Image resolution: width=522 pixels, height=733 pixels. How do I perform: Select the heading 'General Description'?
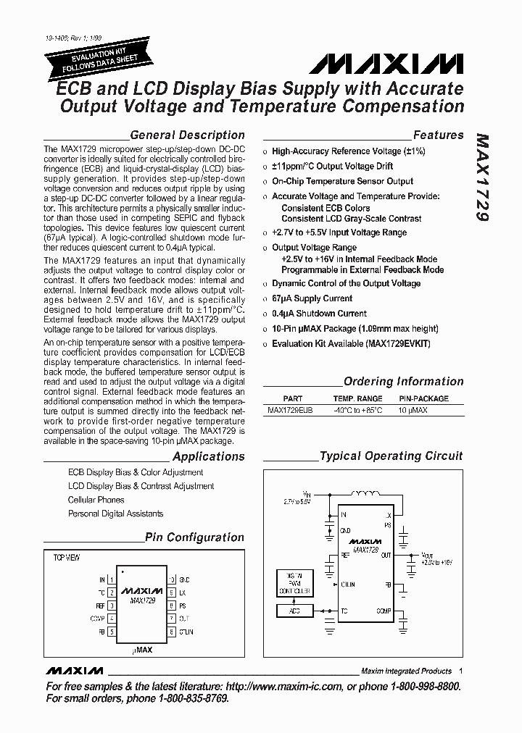pyautogui.click(x=187, y=135)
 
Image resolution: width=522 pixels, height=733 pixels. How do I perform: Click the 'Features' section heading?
pyautogui.click(x=438, y=135)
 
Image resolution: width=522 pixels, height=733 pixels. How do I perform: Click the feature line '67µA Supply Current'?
pyautogui.click(x=312, y=298)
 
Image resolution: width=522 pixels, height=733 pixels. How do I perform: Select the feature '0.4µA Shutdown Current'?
pyautogui.click(x=319, y=314)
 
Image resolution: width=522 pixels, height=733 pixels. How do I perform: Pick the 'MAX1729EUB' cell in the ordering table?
pyautogui.click(x=290, y=410)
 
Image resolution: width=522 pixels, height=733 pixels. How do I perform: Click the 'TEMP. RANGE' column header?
pyautogui.click(x=357, y=398)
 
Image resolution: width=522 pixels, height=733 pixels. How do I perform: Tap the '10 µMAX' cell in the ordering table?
pyautogui.click(x=413, y=410)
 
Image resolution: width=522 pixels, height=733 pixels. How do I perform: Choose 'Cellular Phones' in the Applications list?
pyautogui.click(x=96, y=500)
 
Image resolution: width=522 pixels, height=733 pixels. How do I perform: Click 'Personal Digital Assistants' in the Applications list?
pyautogui.click(x=115, y=514)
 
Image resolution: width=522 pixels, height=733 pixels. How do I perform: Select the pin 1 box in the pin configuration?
pyautogui.click(x=112, y=580)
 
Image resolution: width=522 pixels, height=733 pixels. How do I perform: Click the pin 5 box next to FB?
pyautogui.click(x=112, y=632)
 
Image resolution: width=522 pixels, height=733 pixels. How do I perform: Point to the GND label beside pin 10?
pyautogui.click(x=184, y=580)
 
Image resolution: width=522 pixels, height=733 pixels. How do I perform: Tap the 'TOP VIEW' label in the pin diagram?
pyautogui.click(x=67, y=558)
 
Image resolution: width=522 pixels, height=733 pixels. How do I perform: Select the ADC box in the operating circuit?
pyautogui.click(x=294, y=611)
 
